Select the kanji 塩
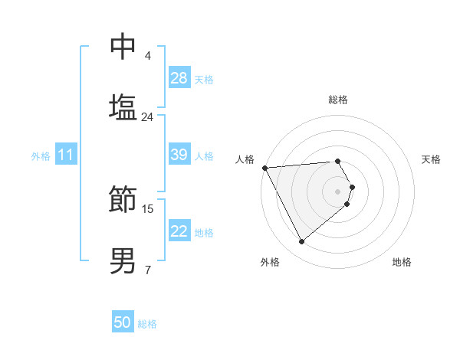tap(123, 106)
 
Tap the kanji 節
tap(123, 199)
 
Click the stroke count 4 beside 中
tap(148, 55)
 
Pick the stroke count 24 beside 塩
tap(147, 116)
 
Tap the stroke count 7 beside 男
tap(148, 270)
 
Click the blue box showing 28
tap(179, 78)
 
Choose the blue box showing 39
tap(179, 155)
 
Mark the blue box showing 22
tap(179, 231)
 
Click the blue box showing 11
tap(65, 155)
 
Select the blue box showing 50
tap(123, 323)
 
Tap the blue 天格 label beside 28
tap(204, 79)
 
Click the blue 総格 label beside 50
tap(147, 324)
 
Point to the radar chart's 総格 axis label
tap(338, 100)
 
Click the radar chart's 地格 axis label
tap(402, 262)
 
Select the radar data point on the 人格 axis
tap(264, 168)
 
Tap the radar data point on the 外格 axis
tap(301, 242)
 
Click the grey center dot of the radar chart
tap(338, 191)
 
